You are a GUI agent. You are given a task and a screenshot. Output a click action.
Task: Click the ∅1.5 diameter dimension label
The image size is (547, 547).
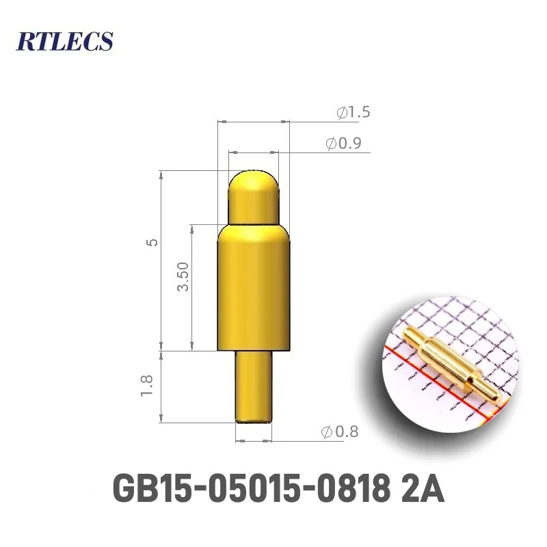[353, 113]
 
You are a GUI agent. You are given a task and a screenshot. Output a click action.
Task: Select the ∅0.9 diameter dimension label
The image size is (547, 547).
[343, 144]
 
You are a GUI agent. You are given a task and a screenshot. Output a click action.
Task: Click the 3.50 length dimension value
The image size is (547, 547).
[183, 276]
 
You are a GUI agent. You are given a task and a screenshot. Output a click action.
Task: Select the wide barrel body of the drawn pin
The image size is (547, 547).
[253, 287]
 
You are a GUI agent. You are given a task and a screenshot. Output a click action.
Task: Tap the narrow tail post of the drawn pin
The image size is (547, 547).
[253, 386]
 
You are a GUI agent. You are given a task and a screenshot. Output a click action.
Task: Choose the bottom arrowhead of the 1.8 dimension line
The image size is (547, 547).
[162, 418]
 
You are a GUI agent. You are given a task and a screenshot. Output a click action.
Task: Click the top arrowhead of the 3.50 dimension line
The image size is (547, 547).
[192, 228]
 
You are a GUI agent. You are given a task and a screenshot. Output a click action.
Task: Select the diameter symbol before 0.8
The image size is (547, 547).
[327, 432]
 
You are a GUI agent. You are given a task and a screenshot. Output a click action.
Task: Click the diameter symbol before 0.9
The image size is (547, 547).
[331, 144]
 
